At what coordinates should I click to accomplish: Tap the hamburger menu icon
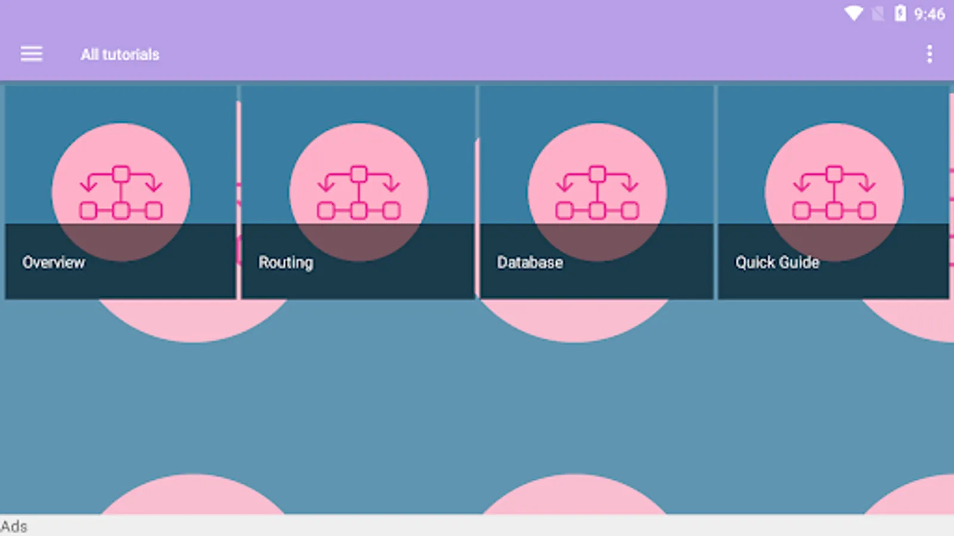coord(32,54)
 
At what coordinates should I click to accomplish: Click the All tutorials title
coord(120,55)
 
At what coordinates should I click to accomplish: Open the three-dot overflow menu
coord(929,54)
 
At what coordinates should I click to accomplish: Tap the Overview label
coord(54,263)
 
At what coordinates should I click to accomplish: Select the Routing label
coord(286,263)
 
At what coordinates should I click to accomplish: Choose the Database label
coord(530,263)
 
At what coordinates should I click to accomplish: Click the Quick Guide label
coord(777,263)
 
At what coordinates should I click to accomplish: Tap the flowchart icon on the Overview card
coord(121,193)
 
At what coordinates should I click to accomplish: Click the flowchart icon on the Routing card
coord(358,193)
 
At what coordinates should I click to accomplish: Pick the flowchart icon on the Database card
coord(597,193)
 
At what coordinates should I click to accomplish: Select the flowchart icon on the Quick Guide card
coord(834,193)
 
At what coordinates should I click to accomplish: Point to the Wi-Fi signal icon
coord(853,14)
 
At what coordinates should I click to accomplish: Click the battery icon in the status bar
coord(900,13)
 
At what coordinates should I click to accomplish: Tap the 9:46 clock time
coord(929,14)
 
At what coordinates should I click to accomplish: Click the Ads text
coord(14,526)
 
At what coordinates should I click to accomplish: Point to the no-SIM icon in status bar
coord(878,14)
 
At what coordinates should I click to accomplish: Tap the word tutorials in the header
coord(131,55)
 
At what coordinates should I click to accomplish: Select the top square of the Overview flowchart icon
coord(121,174)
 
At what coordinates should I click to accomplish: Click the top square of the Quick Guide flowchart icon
coord(834,174)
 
